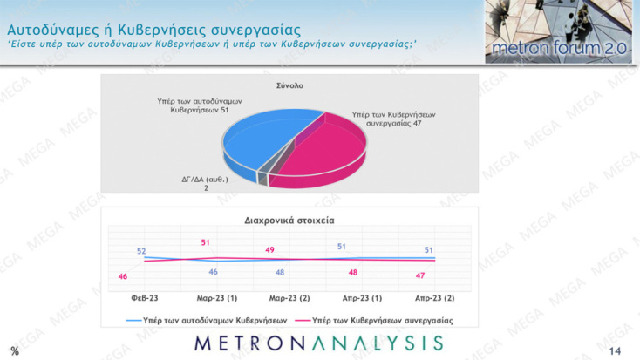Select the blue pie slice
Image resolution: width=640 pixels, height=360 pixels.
coord(257,139)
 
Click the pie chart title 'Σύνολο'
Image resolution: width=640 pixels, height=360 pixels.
coord(289,85)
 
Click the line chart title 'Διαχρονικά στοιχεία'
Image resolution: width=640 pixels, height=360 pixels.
coord(289,221)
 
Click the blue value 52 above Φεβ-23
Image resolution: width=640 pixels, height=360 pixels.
coord(141,251)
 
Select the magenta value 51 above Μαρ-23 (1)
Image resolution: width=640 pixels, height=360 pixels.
coord(206,241)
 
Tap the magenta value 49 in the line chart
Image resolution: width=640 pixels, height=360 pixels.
coord(269,250)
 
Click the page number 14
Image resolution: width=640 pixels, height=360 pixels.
coord(615,350)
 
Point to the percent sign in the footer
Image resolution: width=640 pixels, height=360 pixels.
coord(14,350)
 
